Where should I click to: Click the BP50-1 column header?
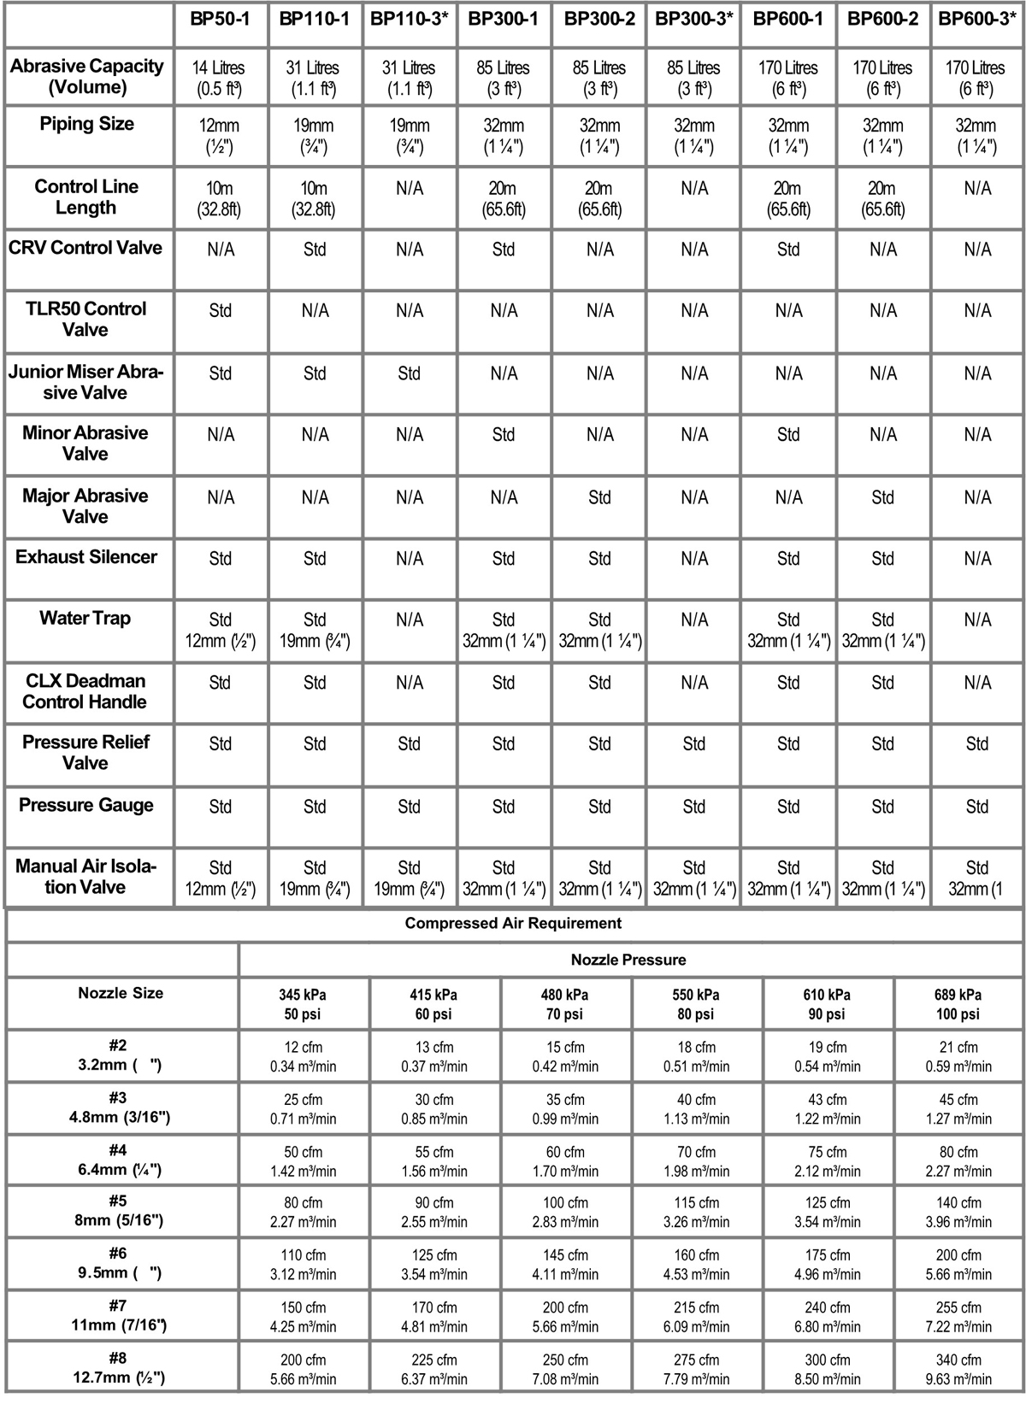(221, 19)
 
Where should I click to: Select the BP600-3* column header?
(977, 19)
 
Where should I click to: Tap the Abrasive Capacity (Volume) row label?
(86, 77)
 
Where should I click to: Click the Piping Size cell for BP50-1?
(221, 136)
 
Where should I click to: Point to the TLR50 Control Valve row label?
(86, 319)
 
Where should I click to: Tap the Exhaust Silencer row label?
(86, 557)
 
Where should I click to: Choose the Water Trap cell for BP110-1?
(315, 630)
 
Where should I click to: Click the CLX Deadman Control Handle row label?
(86, 691)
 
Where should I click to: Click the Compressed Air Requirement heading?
(513, 923)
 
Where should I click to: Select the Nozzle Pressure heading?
(628, 960)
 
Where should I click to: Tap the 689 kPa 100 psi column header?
(958, 1004)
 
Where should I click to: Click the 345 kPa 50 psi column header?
(303, 1004)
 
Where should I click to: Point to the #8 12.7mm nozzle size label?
(120, 1367)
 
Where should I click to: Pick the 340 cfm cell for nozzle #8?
(958, 1368)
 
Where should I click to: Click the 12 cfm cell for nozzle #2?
(303, 1056)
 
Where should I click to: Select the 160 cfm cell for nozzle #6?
(696, 1265)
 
